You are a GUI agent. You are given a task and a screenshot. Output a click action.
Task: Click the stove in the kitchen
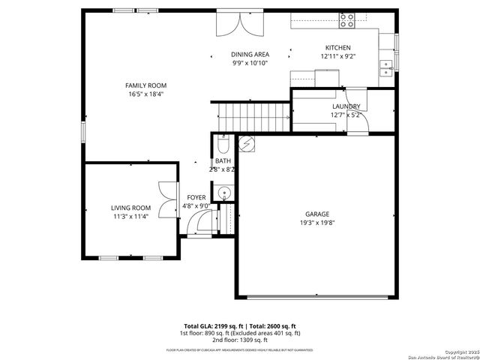(346, 21)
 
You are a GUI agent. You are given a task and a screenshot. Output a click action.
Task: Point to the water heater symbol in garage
(247, 142)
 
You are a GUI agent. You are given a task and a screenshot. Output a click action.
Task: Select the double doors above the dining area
(239, 24)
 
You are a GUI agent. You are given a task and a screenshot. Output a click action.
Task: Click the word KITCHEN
(337, 48)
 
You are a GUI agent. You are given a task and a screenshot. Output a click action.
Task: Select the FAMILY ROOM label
(145, 85)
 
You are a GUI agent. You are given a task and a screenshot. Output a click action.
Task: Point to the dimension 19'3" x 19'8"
(316, 223)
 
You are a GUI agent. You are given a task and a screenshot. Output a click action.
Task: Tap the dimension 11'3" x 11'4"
(130, 217)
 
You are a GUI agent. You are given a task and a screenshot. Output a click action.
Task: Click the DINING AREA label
(250, 55)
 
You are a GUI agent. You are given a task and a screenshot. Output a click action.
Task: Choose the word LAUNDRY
(346, 106)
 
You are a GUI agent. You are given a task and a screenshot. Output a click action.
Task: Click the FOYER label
(196, 197)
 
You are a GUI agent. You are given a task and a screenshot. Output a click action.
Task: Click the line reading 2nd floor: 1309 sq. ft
(239, 340)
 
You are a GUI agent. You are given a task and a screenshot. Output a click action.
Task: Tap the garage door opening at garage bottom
(317, 298)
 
